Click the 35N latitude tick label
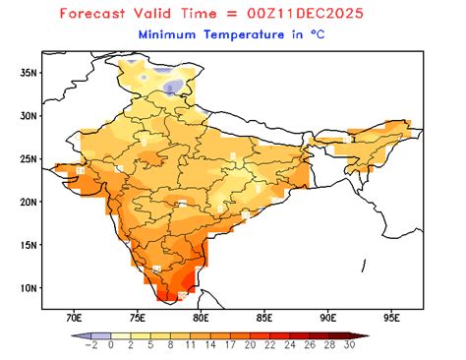click(29, 72)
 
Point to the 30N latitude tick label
click(29, 115)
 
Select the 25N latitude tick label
click(29, 158)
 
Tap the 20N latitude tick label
click(29, 202)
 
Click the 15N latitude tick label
click(29, 245)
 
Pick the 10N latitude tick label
click(29, 288)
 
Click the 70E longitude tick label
click(74, 318)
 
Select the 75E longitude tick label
click(138, 318)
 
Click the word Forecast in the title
click(99, 14)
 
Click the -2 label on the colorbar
click(90, 345)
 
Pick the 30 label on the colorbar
click(350, 345)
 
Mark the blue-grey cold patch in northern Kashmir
click(174, 88)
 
